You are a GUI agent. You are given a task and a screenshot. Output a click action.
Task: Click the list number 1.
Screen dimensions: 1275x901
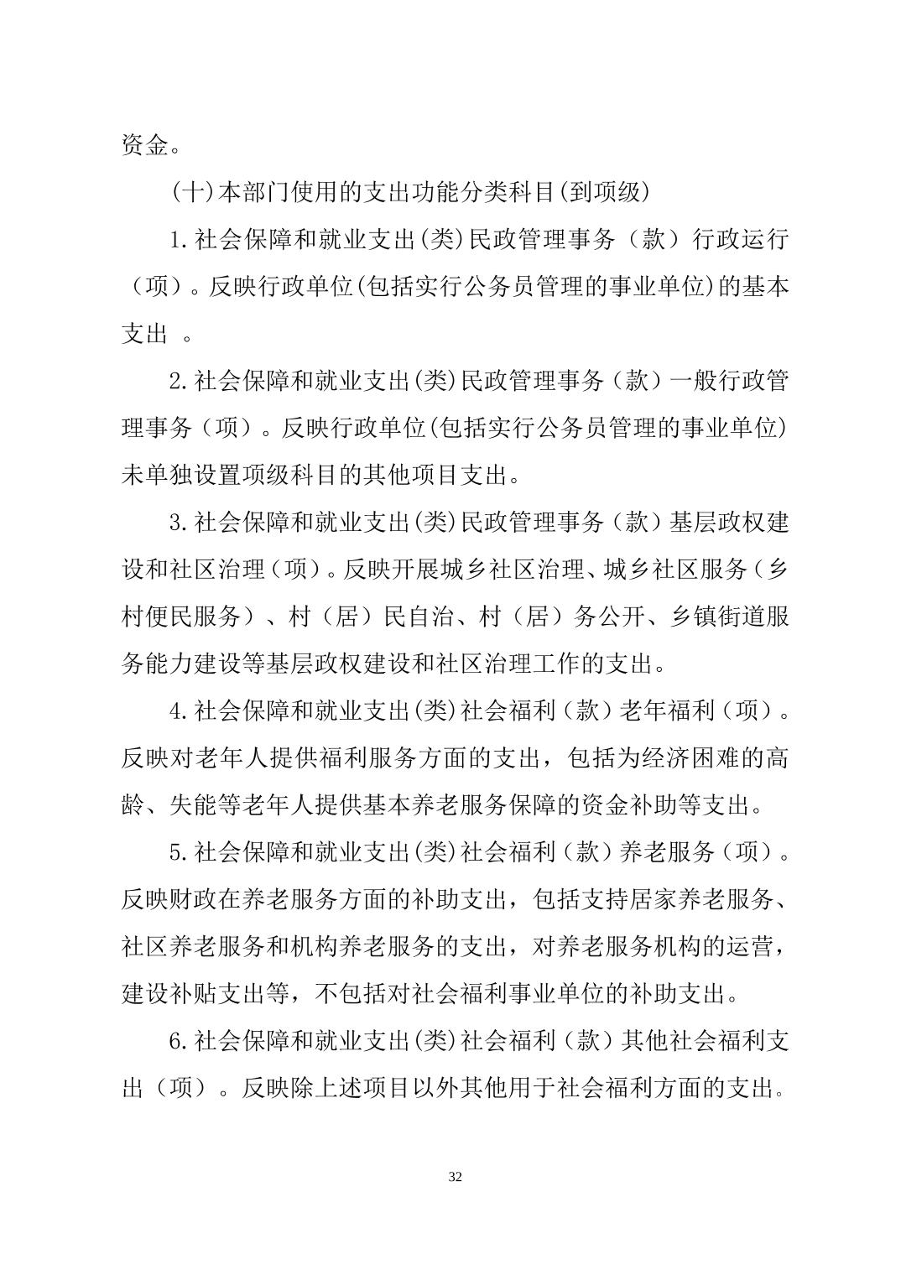click(175, 240)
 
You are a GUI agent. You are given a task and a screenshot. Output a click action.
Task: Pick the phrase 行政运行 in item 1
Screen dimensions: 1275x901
click(740, 240)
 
